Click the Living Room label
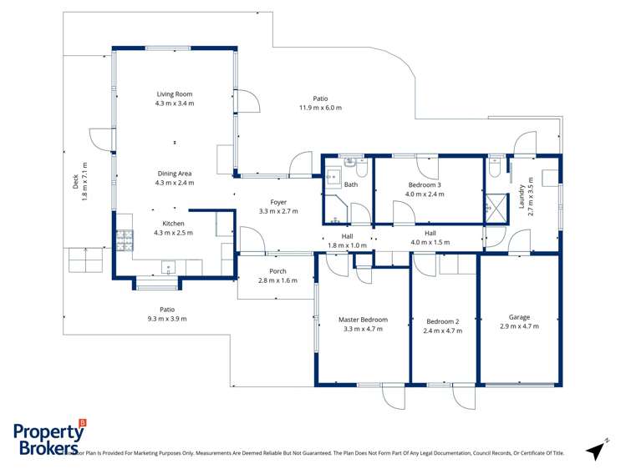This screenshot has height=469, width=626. tap(174, 94)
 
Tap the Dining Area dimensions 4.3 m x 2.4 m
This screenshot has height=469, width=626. tap(174, 183)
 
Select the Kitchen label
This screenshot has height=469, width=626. tap(173, 224)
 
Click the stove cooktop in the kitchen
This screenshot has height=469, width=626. tap(124, 240)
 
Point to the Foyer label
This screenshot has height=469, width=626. tap(278, 202)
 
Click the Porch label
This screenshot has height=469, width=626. tap(278, 271)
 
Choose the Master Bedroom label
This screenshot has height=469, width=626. tap(363, 320)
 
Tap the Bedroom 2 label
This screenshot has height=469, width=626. tap(443, 321)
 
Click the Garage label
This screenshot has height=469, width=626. tap(519, 317)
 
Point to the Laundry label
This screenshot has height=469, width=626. tap(522, 199)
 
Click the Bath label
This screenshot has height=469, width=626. tap(351, 184)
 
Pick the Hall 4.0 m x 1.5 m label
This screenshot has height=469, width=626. tap(430, 238)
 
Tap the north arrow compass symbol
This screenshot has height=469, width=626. tap(597, 449)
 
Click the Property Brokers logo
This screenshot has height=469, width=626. tap(50, 437)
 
